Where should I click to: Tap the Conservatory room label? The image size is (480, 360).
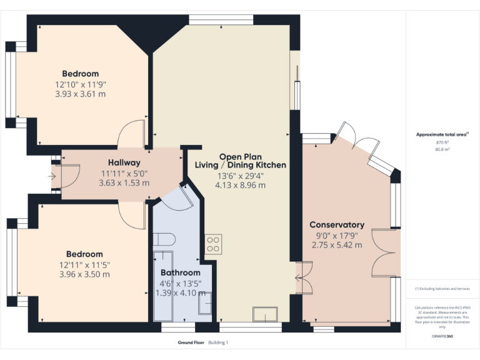point(337,224)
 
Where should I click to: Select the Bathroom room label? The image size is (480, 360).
point(180,272)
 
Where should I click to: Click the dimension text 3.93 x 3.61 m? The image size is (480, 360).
point(80,94)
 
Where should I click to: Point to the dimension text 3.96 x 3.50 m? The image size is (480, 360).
point(84,274)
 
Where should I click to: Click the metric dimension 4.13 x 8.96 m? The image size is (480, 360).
point(240,186)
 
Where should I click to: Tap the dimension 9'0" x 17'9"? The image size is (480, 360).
point(337,236)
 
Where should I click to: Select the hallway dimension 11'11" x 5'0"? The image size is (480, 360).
point(124,173)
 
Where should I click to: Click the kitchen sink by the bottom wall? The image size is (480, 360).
point(264,314)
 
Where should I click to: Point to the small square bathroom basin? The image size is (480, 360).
point(205,304)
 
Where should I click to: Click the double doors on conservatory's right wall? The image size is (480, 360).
point(384,253)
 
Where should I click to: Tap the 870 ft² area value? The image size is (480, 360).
point(442,142)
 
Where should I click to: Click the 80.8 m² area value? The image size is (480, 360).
point(442,149)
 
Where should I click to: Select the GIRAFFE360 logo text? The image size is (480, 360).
point(442,336)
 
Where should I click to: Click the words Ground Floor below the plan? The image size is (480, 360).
point(191,342)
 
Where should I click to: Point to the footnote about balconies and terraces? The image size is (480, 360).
point(442,289)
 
